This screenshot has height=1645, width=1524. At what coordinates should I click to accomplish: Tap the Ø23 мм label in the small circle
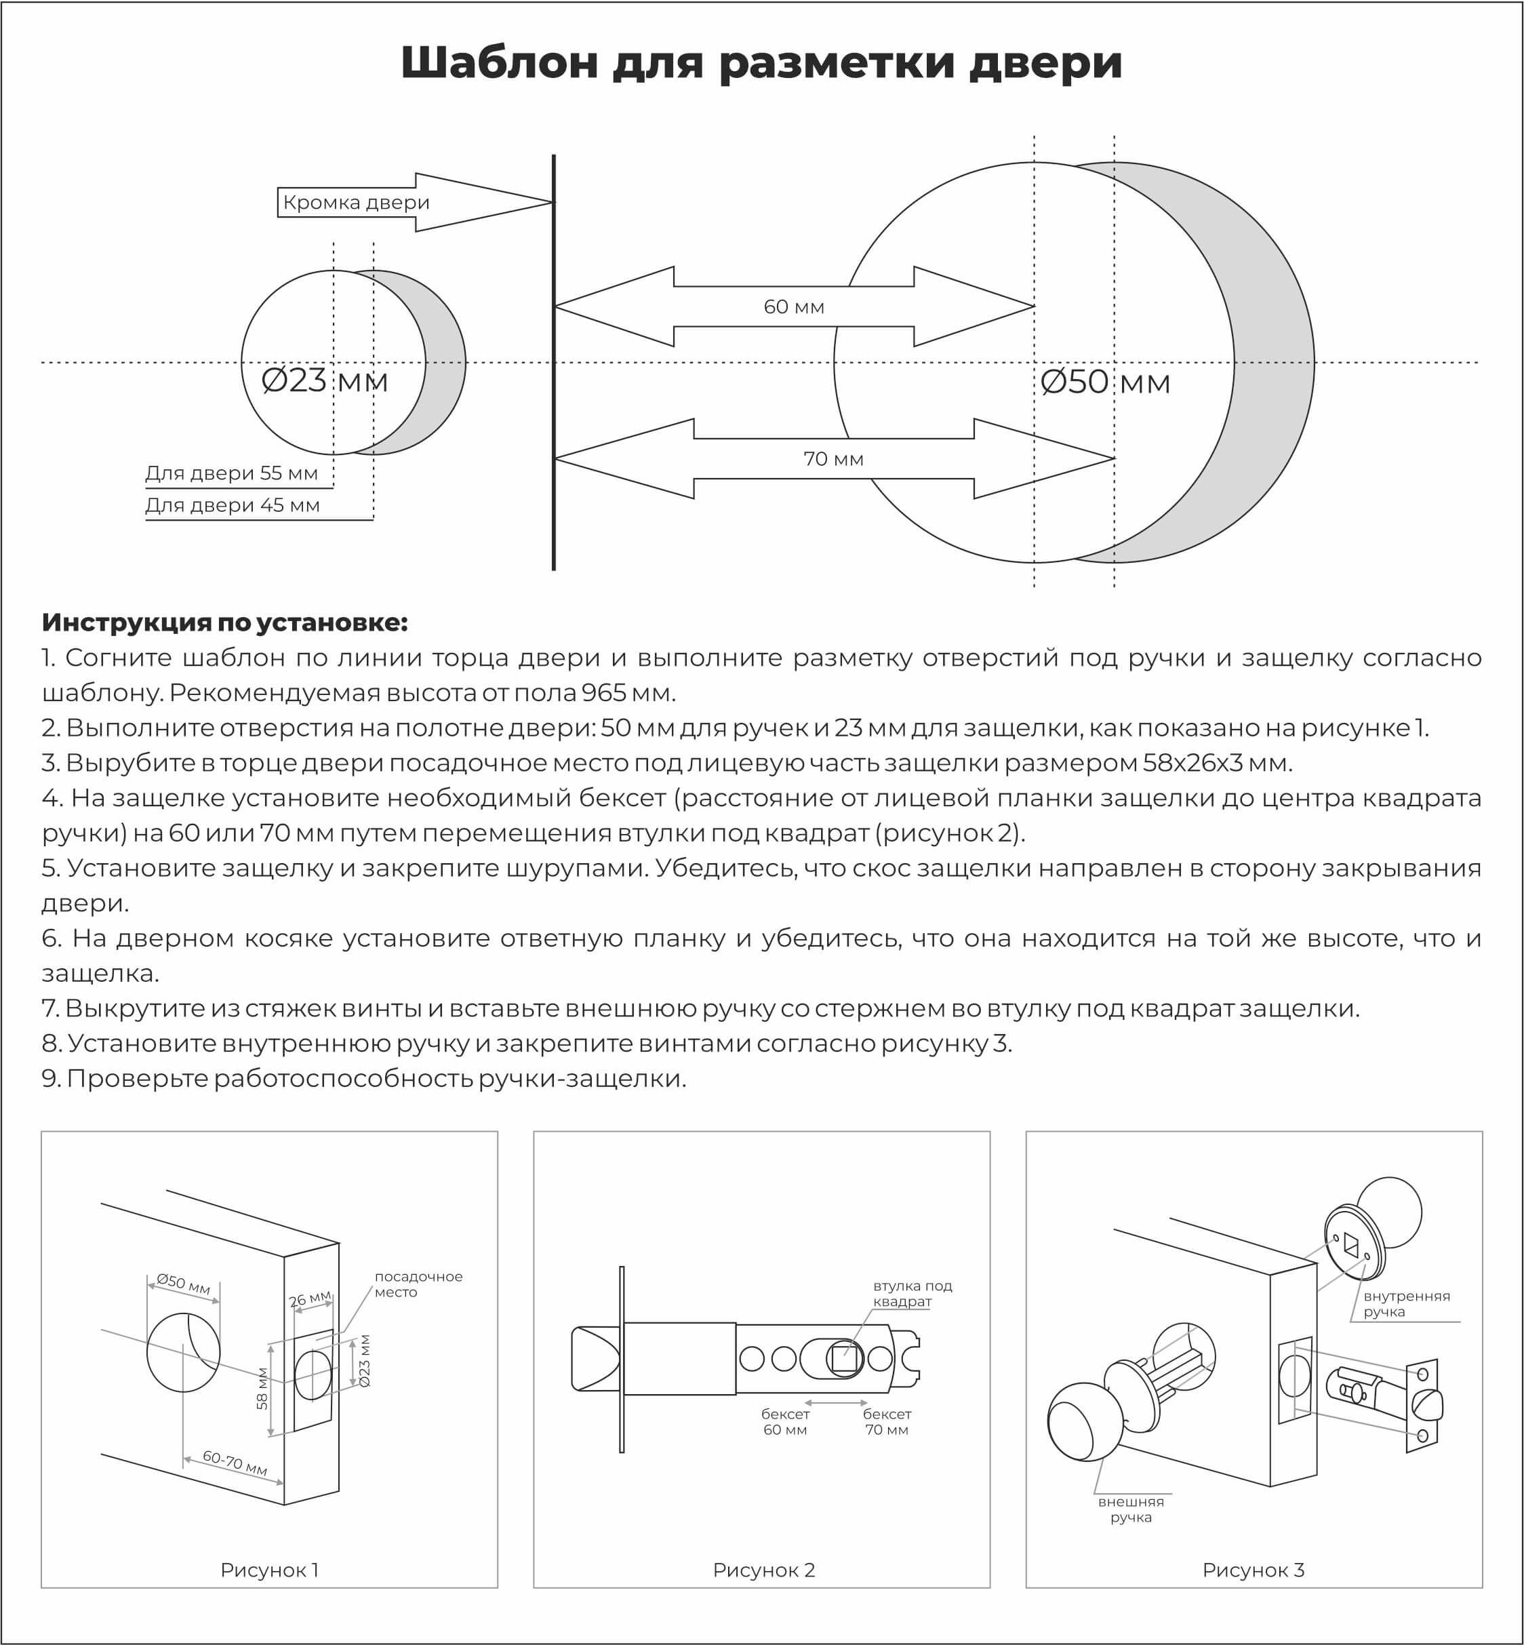click(324, 380)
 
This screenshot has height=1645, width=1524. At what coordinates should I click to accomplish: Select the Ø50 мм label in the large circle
click(1105, 382)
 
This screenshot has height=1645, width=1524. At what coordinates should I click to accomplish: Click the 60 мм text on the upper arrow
click(793, 307)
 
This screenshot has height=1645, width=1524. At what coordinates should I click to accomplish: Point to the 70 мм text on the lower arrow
click(833, 458)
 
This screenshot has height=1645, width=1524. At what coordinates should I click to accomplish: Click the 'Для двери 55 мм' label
click(232, 473)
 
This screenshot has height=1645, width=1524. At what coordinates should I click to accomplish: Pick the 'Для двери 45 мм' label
click(233, 505)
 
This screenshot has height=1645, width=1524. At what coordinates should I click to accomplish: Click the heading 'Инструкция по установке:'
click(225, 622)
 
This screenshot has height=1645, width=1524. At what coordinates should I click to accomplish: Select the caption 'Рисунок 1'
click(269, 1570)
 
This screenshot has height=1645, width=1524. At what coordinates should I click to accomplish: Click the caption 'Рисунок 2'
click(763, 1570)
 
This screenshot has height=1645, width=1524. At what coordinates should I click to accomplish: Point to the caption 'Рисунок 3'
click(1254, 1570)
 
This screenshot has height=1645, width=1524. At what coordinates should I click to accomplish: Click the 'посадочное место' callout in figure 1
click(418, 1284)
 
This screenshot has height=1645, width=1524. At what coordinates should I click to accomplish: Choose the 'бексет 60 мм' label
click(785, 1421)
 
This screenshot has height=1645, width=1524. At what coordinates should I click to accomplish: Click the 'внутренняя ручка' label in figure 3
click(1406, 1303)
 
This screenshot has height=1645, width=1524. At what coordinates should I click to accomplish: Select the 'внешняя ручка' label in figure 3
click(1131, 1509)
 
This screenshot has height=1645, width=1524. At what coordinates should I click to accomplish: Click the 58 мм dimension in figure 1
click(262, 1389)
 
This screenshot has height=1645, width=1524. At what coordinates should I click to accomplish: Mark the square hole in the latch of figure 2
click(843, 1358)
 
